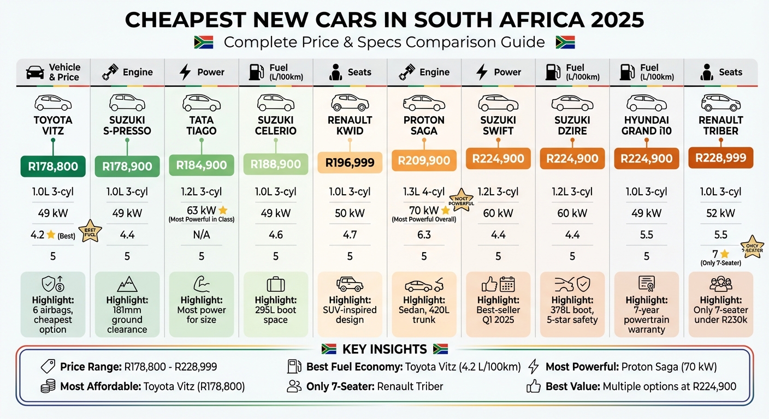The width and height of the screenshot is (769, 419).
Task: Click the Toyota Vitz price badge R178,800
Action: pyautogui.click(x=52, y=166)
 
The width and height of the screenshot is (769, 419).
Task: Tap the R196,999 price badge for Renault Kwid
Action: pyautogui.click(x=350, y=162)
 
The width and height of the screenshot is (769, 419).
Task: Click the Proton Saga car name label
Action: pyautogui.click(x=424, y=125)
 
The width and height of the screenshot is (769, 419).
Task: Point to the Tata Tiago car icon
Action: pyautogui.click(x=201, y=103)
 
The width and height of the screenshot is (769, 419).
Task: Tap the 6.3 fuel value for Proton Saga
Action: pyautogui.click(x=424, y=235)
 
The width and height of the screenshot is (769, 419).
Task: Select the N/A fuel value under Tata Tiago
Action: pyautogui.click(x=201, y=235)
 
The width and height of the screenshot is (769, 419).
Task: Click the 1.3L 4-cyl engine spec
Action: pyautogui.click(x=424, y=192)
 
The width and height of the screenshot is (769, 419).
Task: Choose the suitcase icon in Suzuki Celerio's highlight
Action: pyautogui.click(x=275, y=284)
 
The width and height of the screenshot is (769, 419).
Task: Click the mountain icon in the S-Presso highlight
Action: pyautogui.click(x=127, y=284)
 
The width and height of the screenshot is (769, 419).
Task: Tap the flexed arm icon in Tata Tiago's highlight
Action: pyautogui.click(x=201, y=284)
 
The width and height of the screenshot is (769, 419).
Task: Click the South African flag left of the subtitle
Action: pyautogui.click(x=204, y=42)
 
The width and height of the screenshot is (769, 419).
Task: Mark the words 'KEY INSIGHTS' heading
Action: pyautogui.click(x=384, y=349)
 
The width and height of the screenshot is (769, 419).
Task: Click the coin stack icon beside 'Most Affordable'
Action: pyautogui.click(x=48, y=386)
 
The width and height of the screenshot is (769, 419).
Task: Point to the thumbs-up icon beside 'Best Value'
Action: pyautogui.click(x=533, y=386)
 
